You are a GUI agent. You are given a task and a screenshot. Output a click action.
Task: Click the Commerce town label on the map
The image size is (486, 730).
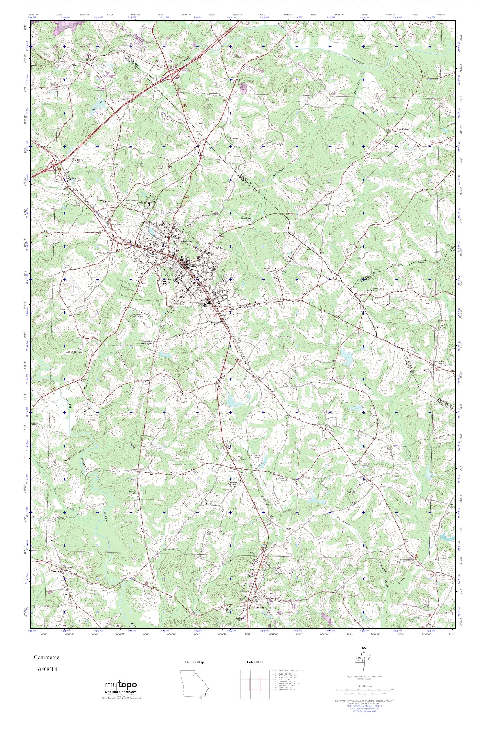[184, 241]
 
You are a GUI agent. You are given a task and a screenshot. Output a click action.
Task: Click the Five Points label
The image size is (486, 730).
[403, 129]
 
